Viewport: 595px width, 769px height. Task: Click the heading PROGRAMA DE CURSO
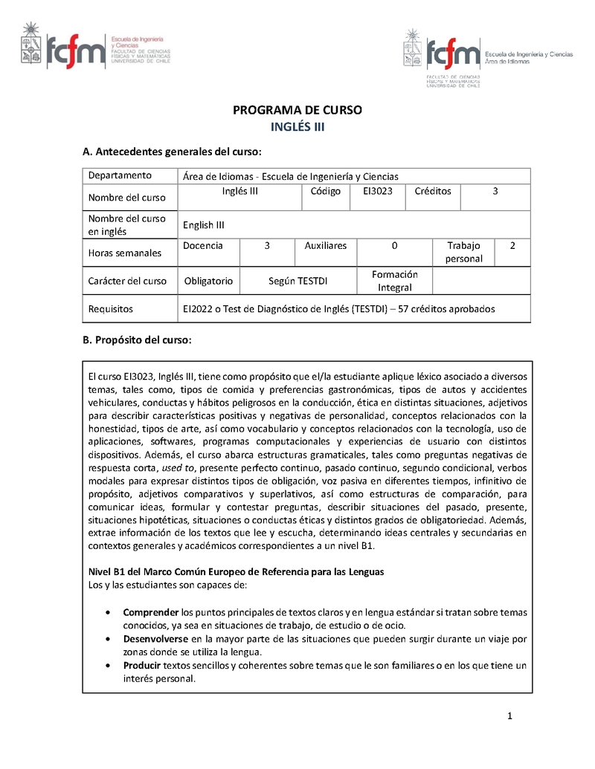click(x=297, y=110)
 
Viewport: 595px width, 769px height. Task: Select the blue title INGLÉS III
click(x=297, y=127)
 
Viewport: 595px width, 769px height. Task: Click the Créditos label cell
click(x=433, y=192)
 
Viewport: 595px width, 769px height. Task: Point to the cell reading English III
click(x=204, y=225)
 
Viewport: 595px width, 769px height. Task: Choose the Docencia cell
click(x=202, y=245)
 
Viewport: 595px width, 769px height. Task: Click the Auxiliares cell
click(x=325, y=245)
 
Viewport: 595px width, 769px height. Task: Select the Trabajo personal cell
click(x=463, y=252)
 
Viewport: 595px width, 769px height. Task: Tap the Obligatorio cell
click(x=208, y=281)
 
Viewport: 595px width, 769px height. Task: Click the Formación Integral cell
click(x=394, y=281)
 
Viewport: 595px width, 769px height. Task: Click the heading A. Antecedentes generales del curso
click(x=172, y=152)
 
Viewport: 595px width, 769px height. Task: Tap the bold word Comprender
click(x=151, y=612)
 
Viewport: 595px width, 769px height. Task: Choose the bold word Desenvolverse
click(x=155, y=639)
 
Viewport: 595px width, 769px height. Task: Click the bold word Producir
click(x=141, y=666)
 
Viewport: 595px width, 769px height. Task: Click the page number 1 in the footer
click(x=510, y=716)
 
